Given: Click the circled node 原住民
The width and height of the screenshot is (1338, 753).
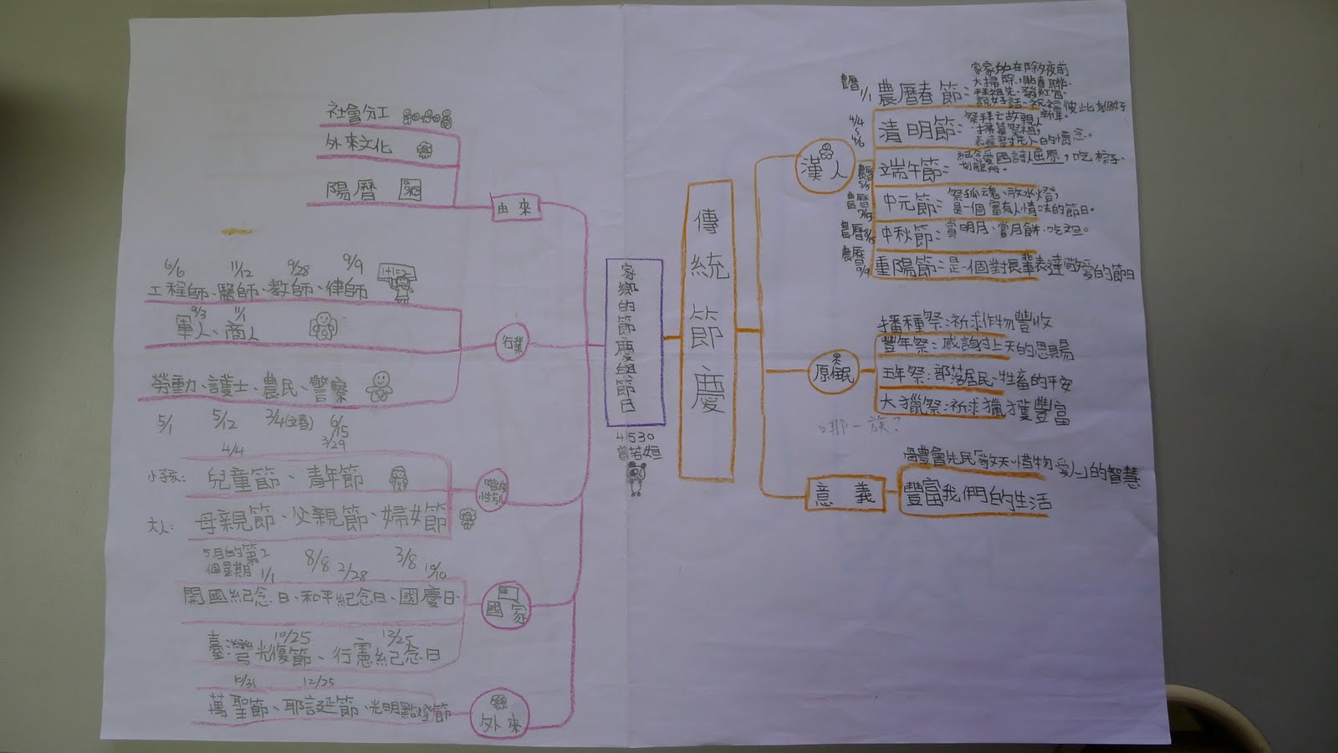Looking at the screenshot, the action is [x=833, y=376].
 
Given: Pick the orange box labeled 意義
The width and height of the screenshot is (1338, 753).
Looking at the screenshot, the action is [x=845, y=495].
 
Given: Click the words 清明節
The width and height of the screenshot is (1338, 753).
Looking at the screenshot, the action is [x=916, y=131].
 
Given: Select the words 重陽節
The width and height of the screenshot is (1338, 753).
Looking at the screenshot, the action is [x=910, y=267].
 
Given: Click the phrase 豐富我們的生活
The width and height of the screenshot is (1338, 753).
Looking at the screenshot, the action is [x=977, y=499].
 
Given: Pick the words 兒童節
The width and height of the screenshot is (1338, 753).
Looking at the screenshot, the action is [x=247, y=479].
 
